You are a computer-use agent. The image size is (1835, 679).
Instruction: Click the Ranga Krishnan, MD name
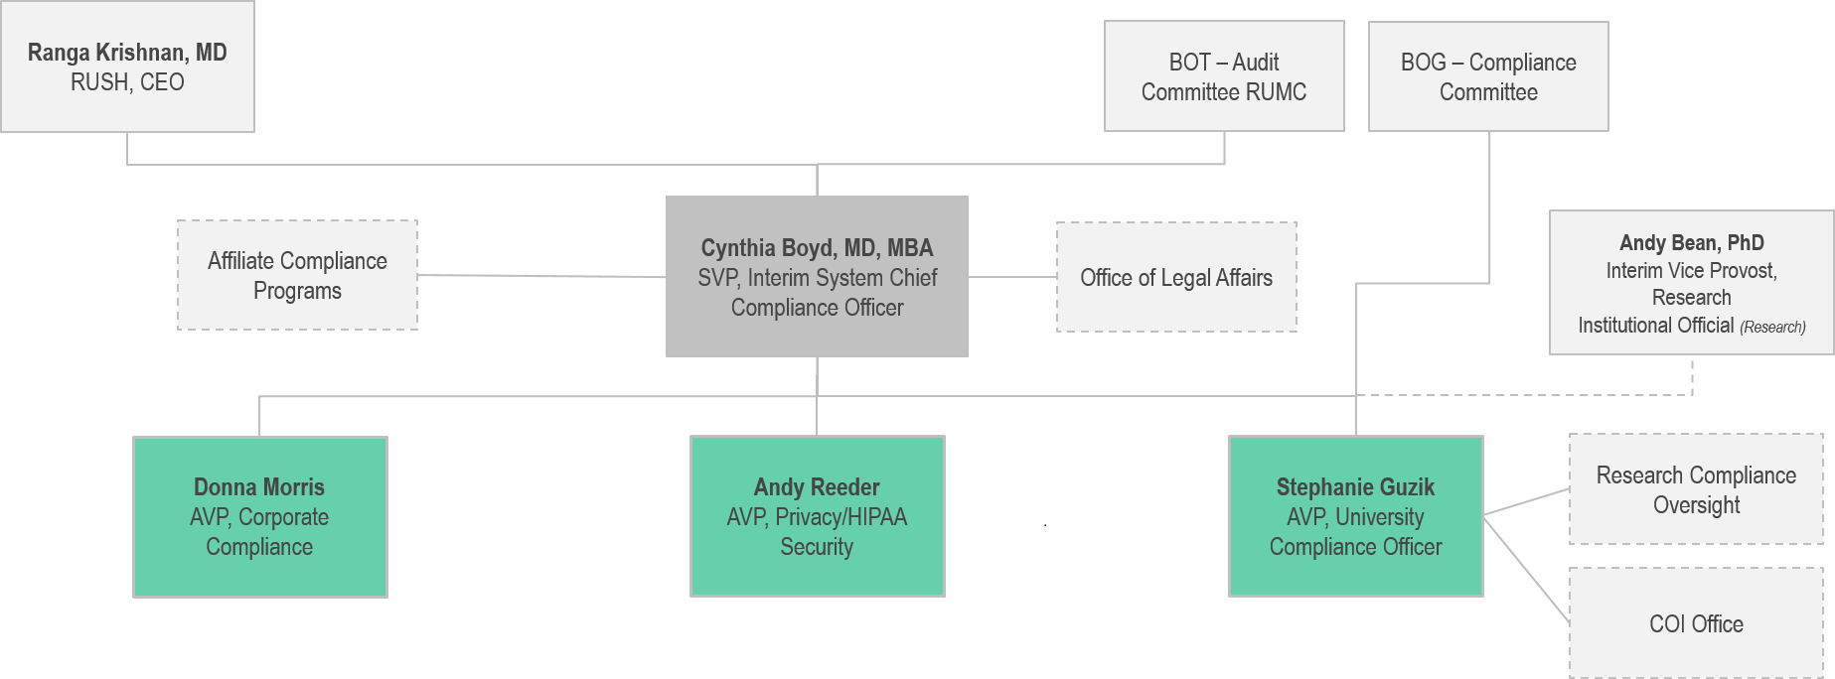[x=127, y=53]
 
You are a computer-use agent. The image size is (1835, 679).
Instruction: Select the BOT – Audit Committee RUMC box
[x=1224, y=76]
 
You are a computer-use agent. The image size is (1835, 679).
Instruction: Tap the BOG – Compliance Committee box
[x=1488, y=76]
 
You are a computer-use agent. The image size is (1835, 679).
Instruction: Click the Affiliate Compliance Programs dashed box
[x=297, y=275]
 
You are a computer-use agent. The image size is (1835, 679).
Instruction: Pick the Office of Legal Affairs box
[x=1176, y=277]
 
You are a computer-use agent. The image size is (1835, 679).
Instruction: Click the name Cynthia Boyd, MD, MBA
[x=817, y=248]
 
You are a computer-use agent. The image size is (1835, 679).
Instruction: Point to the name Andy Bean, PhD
[x=1691, y=243]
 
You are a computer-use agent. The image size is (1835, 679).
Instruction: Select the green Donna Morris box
[x=259, y=516]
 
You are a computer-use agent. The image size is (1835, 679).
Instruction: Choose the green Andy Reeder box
[x=817, y=516]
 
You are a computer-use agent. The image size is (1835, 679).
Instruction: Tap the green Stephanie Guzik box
[x=1355, y=516]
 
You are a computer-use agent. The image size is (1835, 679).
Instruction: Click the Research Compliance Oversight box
[x=1696, y=489]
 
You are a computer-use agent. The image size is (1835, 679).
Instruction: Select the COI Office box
[x=1696, y=623]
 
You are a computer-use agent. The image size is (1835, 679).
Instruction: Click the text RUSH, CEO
[x=127, y=82]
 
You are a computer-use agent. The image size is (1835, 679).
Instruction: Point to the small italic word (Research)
[x=1772, y=327]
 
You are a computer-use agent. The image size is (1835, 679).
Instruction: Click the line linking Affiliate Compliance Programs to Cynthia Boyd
[x=541, y=276]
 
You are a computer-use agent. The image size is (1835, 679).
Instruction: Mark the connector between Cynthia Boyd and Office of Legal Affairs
[x=1012, y=277]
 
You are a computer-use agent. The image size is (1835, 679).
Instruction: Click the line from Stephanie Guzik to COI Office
[x=1527, y=570]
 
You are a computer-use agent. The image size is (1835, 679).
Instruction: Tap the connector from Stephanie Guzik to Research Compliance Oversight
[x=1527, y=502]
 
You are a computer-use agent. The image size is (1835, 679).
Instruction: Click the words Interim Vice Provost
[x=1691, y=271]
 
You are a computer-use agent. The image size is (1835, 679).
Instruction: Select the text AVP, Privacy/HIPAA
[x=817, y=517]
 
